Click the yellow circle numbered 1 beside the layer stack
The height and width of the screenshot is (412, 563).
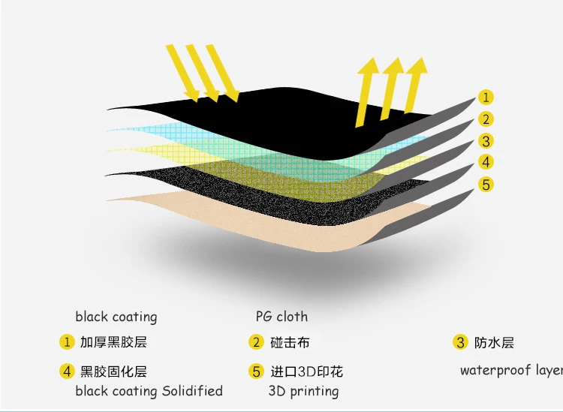[486, 98]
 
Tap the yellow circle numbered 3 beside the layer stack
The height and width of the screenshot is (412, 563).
[486, 141]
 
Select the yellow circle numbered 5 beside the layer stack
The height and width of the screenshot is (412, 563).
[486, 185]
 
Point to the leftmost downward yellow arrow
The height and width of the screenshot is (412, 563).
[182, 73]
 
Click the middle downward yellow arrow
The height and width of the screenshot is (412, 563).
[203, 73]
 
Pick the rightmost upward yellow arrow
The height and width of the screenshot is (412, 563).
[416, 86]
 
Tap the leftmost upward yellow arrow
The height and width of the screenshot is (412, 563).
[367, 92]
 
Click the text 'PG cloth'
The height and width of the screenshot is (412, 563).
[281, 317]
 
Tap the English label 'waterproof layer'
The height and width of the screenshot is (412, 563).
[511, 370]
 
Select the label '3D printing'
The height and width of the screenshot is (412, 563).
[303, 391]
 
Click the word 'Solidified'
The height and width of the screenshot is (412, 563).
[192, 390]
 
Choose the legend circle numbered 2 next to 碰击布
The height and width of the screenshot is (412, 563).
[256, 342]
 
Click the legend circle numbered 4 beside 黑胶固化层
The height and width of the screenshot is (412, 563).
[67, 371]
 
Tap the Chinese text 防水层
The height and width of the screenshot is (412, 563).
[494, 343]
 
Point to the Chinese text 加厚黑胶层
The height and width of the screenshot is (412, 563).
[113, 342]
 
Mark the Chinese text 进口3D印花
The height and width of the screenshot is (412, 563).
[306, 371]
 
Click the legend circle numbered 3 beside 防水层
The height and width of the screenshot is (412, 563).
[460, 342]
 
